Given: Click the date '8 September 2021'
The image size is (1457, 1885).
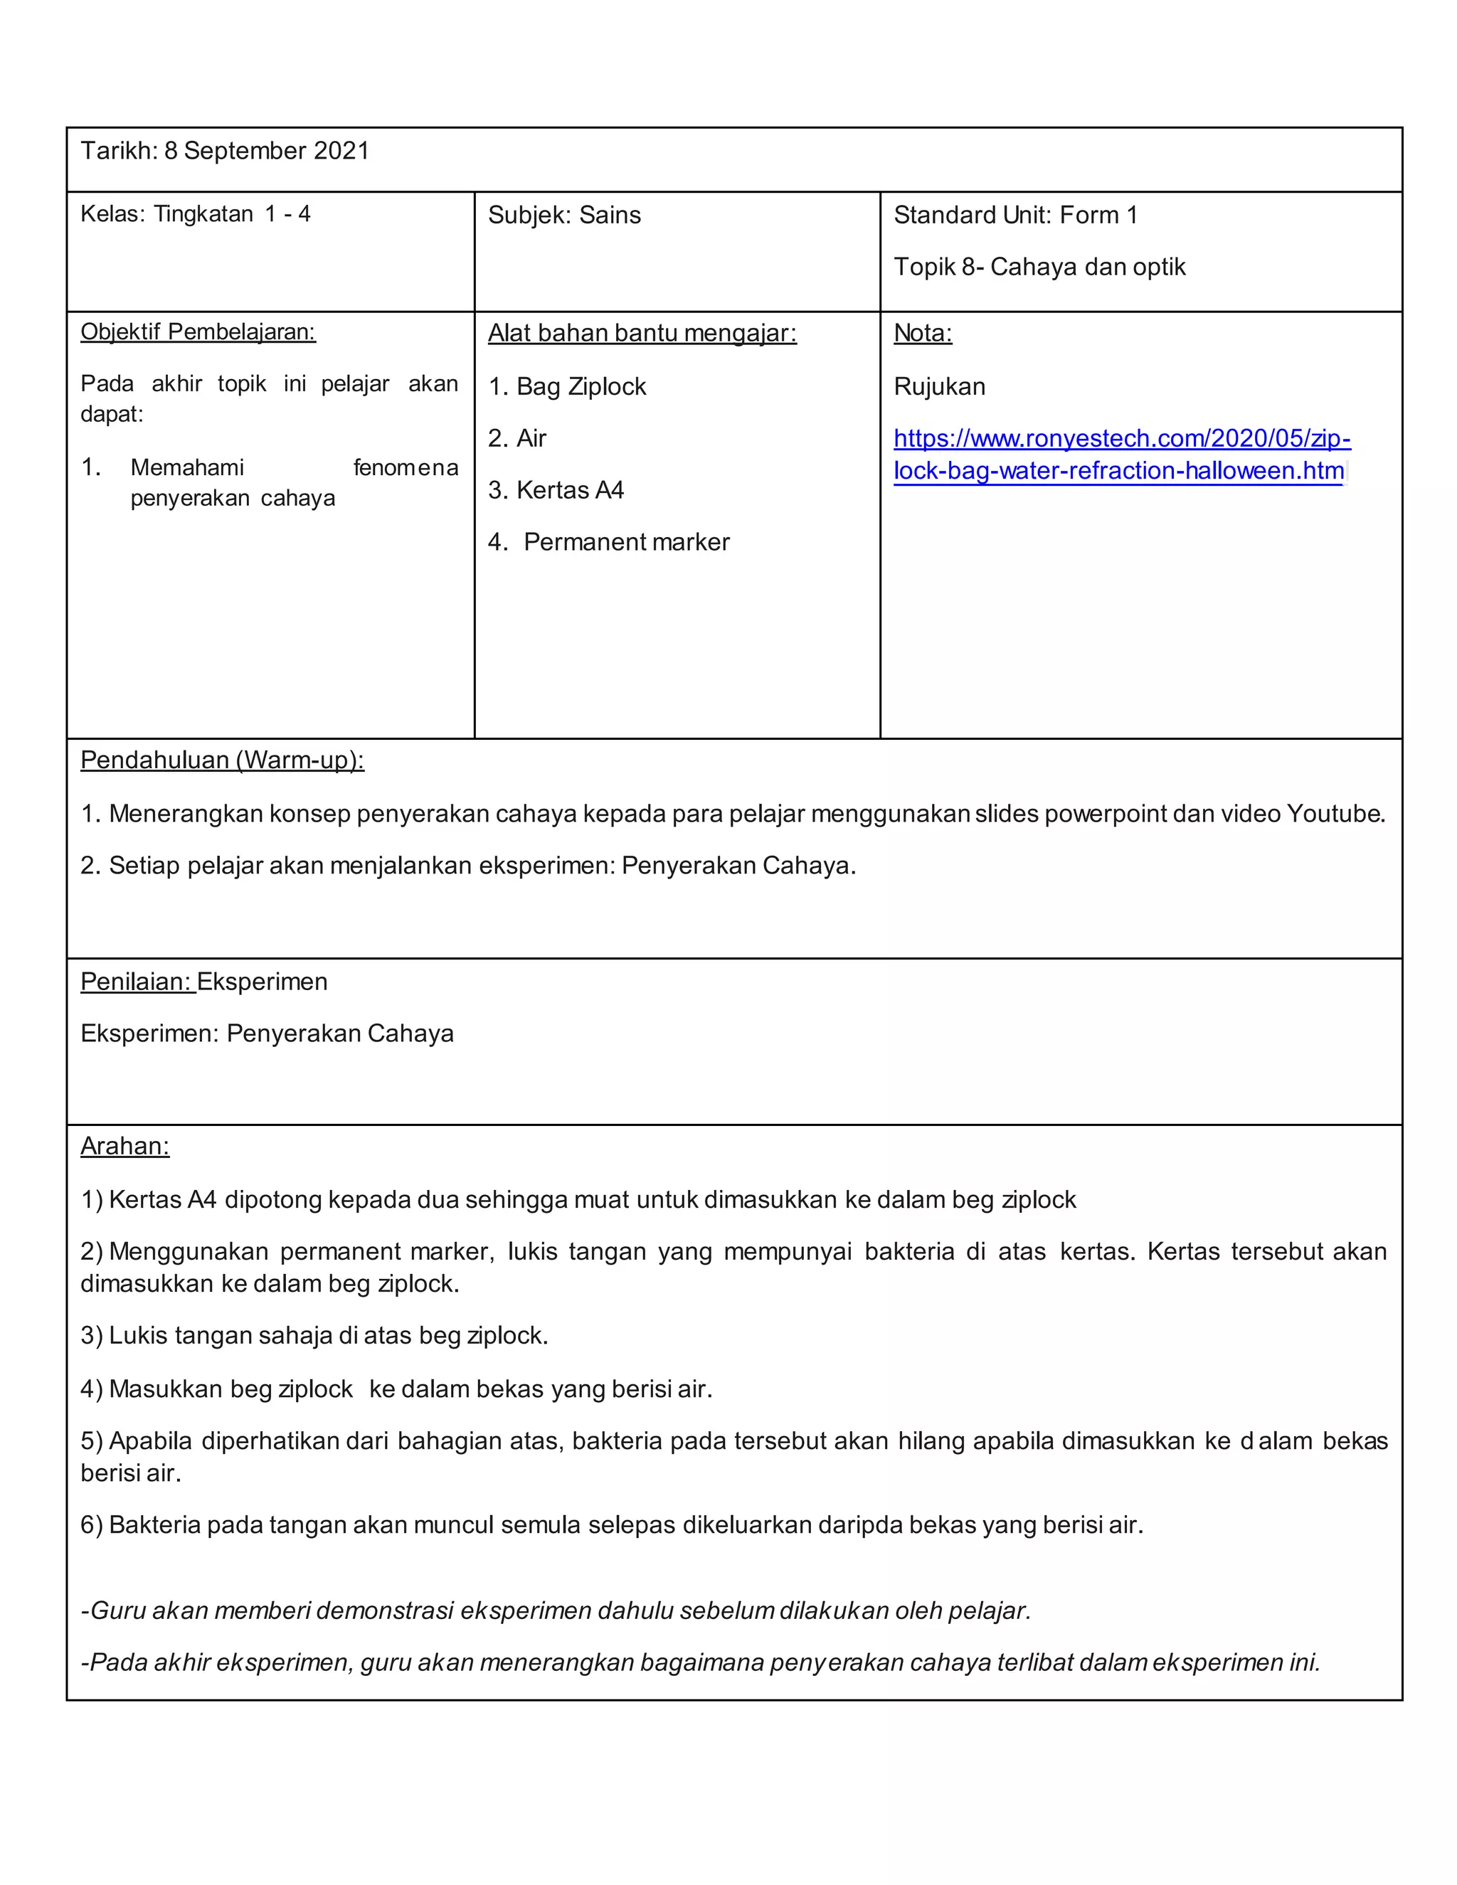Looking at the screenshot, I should (x=266, y=151).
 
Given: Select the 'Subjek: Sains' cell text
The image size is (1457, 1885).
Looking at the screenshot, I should (x=563, y=215).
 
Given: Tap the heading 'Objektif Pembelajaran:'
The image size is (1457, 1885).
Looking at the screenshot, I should (x=198, y=332).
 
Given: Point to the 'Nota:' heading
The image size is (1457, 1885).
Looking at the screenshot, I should (x=922, y=333).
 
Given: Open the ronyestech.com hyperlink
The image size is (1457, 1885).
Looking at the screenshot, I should (x=1120, y=455).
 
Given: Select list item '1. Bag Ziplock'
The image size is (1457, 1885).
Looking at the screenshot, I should (x=566, y=387).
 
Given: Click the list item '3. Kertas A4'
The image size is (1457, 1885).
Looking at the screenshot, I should (x=555, y=490).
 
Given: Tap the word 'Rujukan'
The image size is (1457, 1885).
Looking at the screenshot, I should (x=938, y=387).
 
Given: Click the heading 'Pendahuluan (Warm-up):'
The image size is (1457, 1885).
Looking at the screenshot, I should (x=222, y=760).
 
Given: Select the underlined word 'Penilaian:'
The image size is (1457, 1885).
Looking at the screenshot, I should (x=137, y=982).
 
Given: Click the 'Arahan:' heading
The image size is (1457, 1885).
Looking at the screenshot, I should (x=124, y=1146).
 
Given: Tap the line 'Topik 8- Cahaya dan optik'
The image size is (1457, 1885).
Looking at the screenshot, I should (x=1039, y=267).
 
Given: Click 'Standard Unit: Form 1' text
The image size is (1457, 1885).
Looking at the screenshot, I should (x=1015, y=215).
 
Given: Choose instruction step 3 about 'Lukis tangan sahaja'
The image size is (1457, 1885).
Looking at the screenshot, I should (x=314, y=1336).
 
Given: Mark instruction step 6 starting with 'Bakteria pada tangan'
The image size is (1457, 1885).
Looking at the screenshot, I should (x=611, y=1525).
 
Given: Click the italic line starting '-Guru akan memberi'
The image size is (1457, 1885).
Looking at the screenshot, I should (x=555, y=1610).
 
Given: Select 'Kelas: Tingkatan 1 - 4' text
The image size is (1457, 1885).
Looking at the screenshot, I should (x=195, y=214).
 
